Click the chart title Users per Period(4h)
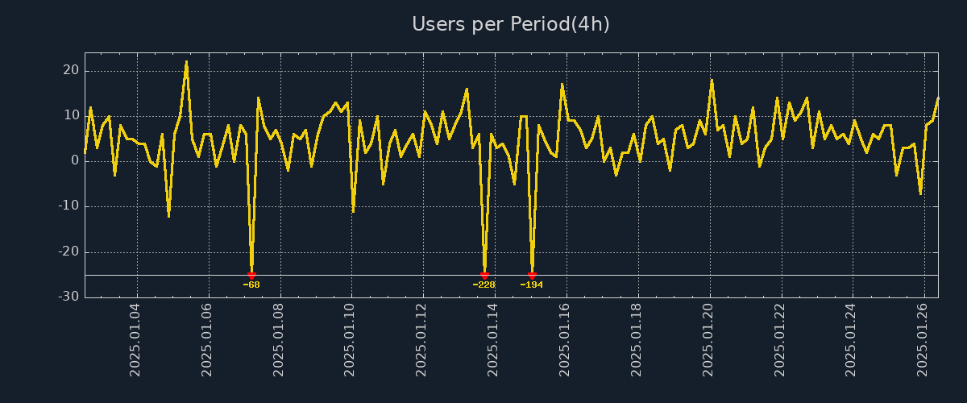tap(510, 24)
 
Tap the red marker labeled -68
tap(251, 276)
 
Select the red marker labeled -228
tap(484, 276)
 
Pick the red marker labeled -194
tap(532, 276)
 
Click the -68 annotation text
tap(251, 285)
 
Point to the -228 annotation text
tap(484, 285)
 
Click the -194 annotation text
tap(532, 285)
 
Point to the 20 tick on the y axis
tap(70, 71)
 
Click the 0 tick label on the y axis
tap(75, 161)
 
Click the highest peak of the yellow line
tap(186, 61)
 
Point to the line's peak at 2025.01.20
tap(712, 80)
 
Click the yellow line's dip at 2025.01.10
tap(353, 211)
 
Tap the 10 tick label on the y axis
tap(70, 116)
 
